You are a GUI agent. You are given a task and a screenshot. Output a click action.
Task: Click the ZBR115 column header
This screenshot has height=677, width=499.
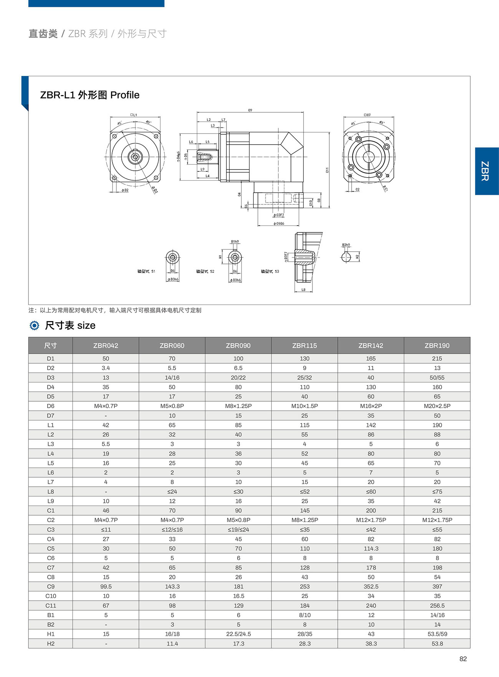click(x=304, y=345)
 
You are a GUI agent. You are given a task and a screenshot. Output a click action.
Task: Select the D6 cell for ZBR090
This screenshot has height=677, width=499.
click(x=238, y=406)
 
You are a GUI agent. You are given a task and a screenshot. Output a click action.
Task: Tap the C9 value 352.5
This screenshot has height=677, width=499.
click(x=371, y=586)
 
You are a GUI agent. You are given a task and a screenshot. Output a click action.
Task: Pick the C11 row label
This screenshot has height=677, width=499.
click(x=51, y=605)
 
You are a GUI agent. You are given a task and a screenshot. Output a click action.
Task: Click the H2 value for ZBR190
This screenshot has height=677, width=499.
click(x=437, y=644)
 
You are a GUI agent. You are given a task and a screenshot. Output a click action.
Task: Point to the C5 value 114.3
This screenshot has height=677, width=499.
click(x=371, y=549)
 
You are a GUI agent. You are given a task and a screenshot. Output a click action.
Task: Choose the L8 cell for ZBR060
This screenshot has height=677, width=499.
click(x=172, y=491)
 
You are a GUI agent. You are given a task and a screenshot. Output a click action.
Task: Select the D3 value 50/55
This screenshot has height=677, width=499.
click(x=437, y=377)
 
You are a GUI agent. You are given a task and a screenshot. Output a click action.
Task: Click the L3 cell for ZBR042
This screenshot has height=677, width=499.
click(x=106, y=444)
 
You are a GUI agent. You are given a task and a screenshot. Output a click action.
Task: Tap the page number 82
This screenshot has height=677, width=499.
click(x=463, y=659)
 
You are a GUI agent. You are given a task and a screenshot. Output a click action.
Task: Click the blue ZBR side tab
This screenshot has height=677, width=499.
click(x=487, y=171)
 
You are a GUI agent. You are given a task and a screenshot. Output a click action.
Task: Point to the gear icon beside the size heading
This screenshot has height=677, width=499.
click(x=35, y=326)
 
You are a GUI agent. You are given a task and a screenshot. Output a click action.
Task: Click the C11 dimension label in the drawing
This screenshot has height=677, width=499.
click(x=327, y=170)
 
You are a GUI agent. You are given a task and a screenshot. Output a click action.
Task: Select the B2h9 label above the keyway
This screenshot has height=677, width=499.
click(x=346, y=245)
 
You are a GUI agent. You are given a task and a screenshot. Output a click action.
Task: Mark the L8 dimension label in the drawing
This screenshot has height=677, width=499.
click(x=303, y=290)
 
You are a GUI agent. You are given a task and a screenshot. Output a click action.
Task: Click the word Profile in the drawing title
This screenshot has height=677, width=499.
click(x=125, y=95)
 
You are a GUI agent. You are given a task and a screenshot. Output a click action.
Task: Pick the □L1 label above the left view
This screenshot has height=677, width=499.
click(x=133, y=115)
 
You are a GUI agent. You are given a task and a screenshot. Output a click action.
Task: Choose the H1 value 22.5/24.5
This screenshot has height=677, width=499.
click(x=238, y=634)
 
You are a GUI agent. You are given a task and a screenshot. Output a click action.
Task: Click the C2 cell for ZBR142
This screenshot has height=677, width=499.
click(x=371, y=520)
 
